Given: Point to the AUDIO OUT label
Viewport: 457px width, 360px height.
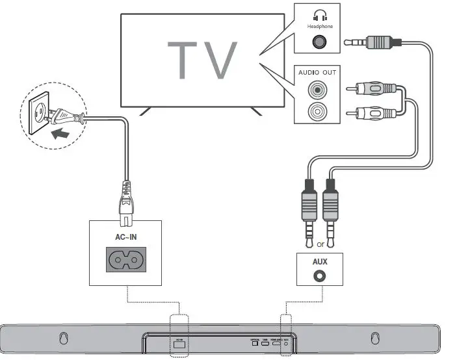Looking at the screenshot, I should coord(317,72).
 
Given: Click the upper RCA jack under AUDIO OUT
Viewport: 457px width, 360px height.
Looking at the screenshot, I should coord(318,89).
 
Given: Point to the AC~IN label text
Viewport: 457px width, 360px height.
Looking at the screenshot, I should coord(125,238).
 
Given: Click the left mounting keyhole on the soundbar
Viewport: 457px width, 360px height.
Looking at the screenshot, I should coord(64,339).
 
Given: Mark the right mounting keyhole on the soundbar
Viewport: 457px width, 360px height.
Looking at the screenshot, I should coord(374,339).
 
